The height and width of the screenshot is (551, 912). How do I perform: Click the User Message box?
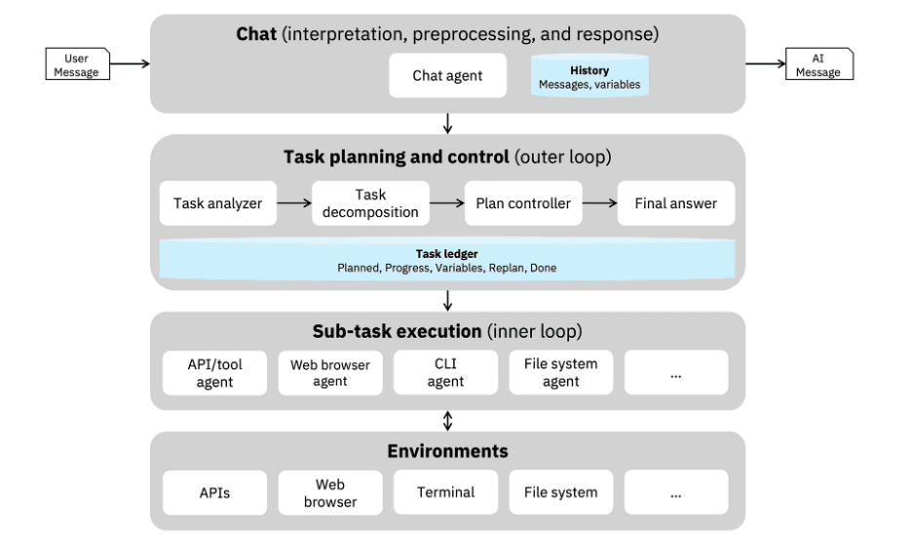77,64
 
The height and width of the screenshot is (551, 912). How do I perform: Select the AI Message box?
818,64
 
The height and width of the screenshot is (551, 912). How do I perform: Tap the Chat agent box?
447,76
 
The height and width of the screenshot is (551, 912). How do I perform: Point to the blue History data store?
589,76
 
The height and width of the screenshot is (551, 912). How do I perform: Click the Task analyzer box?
217,203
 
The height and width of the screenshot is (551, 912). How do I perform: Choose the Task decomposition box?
370,203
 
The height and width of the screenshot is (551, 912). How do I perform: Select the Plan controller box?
523,203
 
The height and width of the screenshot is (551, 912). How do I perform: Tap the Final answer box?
676,203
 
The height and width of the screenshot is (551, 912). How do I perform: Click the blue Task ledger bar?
446,260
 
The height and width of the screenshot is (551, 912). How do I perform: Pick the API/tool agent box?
214,373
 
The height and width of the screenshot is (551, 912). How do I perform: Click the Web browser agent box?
330,373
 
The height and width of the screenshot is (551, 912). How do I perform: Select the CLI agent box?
445,373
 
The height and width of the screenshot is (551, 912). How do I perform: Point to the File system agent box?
560,373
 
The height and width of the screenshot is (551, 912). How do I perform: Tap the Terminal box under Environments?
445,493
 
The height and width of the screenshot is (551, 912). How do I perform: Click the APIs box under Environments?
214,493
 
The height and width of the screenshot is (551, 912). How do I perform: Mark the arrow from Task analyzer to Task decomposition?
294,202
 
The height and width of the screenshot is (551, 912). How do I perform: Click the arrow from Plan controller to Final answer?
599,202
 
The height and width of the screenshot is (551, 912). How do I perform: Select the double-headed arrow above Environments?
447,421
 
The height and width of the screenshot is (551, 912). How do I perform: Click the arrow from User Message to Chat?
130,63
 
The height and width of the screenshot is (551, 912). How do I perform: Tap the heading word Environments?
447,451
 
